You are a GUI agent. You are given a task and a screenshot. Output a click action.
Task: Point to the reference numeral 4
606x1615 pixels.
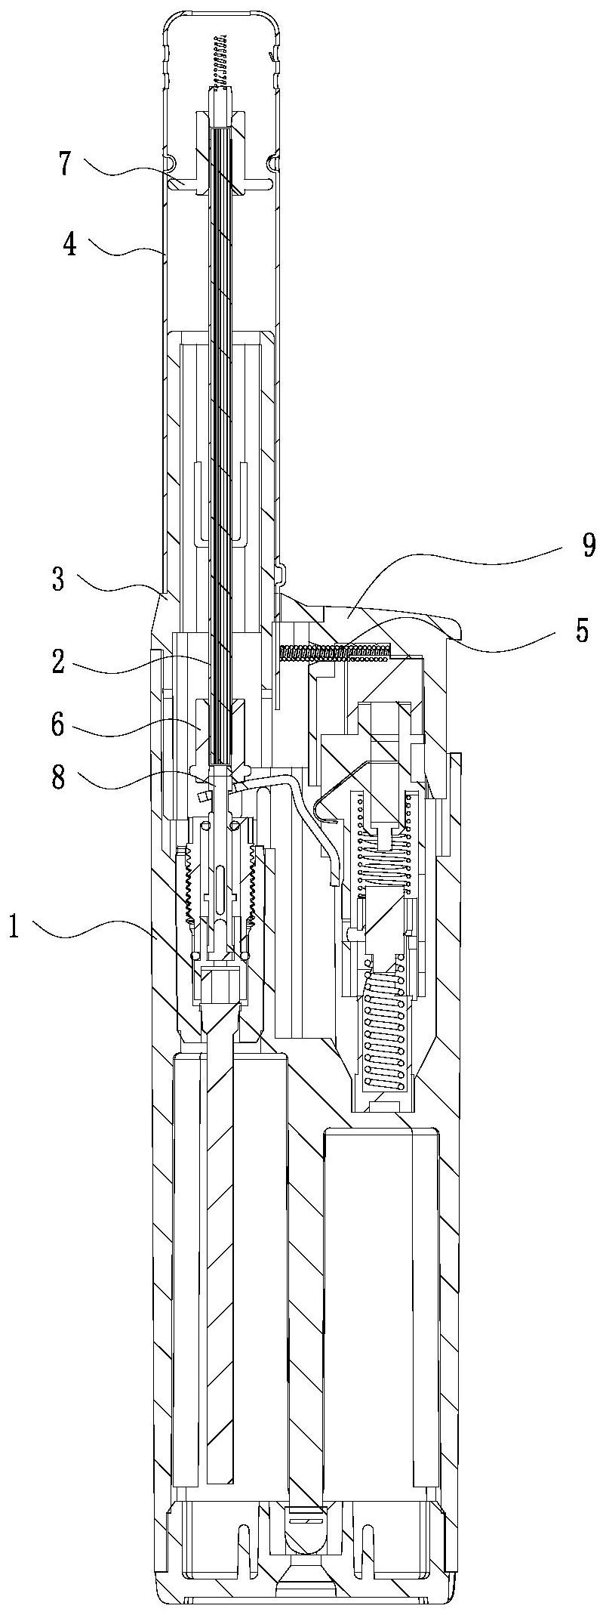(x=69, y=245)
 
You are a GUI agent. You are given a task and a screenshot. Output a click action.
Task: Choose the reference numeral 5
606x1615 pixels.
(x=582, y=631)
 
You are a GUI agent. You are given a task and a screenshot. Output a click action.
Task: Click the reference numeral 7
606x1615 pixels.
(x=67, y=163)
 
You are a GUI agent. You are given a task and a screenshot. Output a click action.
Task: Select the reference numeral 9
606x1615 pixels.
(x=588, y=545)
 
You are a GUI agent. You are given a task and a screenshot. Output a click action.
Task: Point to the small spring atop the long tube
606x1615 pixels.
(x=221, y=60)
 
